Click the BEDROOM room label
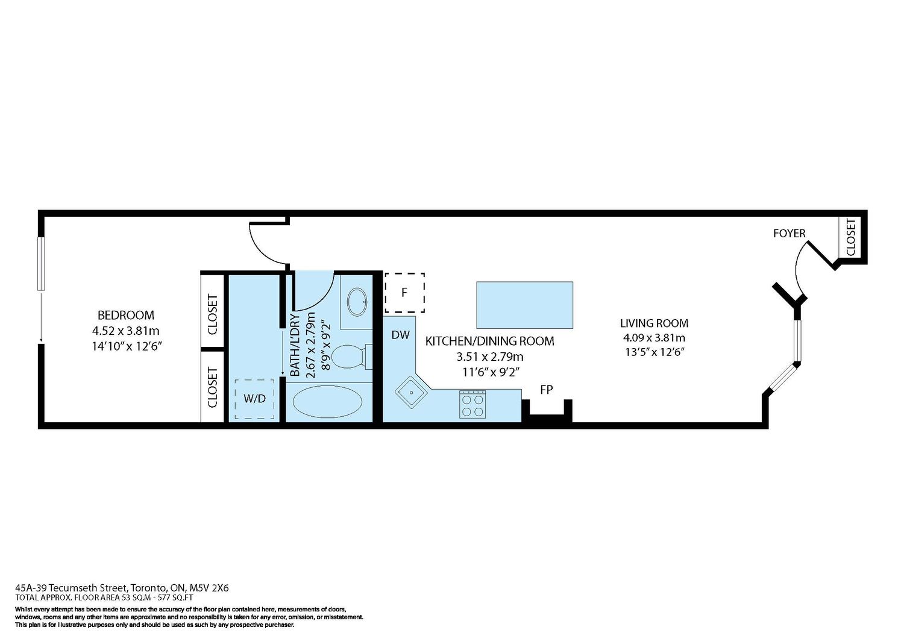pos(126,315)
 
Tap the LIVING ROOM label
pos(654,323)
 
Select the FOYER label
pos(789,234)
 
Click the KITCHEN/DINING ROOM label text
pos(489,341)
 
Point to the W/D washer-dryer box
pos(255,399)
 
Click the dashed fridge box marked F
pos(404,293)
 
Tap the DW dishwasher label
pos(400,334)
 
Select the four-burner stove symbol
pos(472,404)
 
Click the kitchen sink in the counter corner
pos(411,391)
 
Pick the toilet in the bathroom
pos(353,356)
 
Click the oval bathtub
pos(327,401)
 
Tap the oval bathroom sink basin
pos(357,301)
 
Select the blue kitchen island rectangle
pos(525,305)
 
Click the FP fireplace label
pos(547,390)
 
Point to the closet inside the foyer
pos(850,237)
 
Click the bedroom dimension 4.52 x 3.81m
pos(126,331)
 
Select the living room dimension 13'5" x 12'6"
pos(655,352)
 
